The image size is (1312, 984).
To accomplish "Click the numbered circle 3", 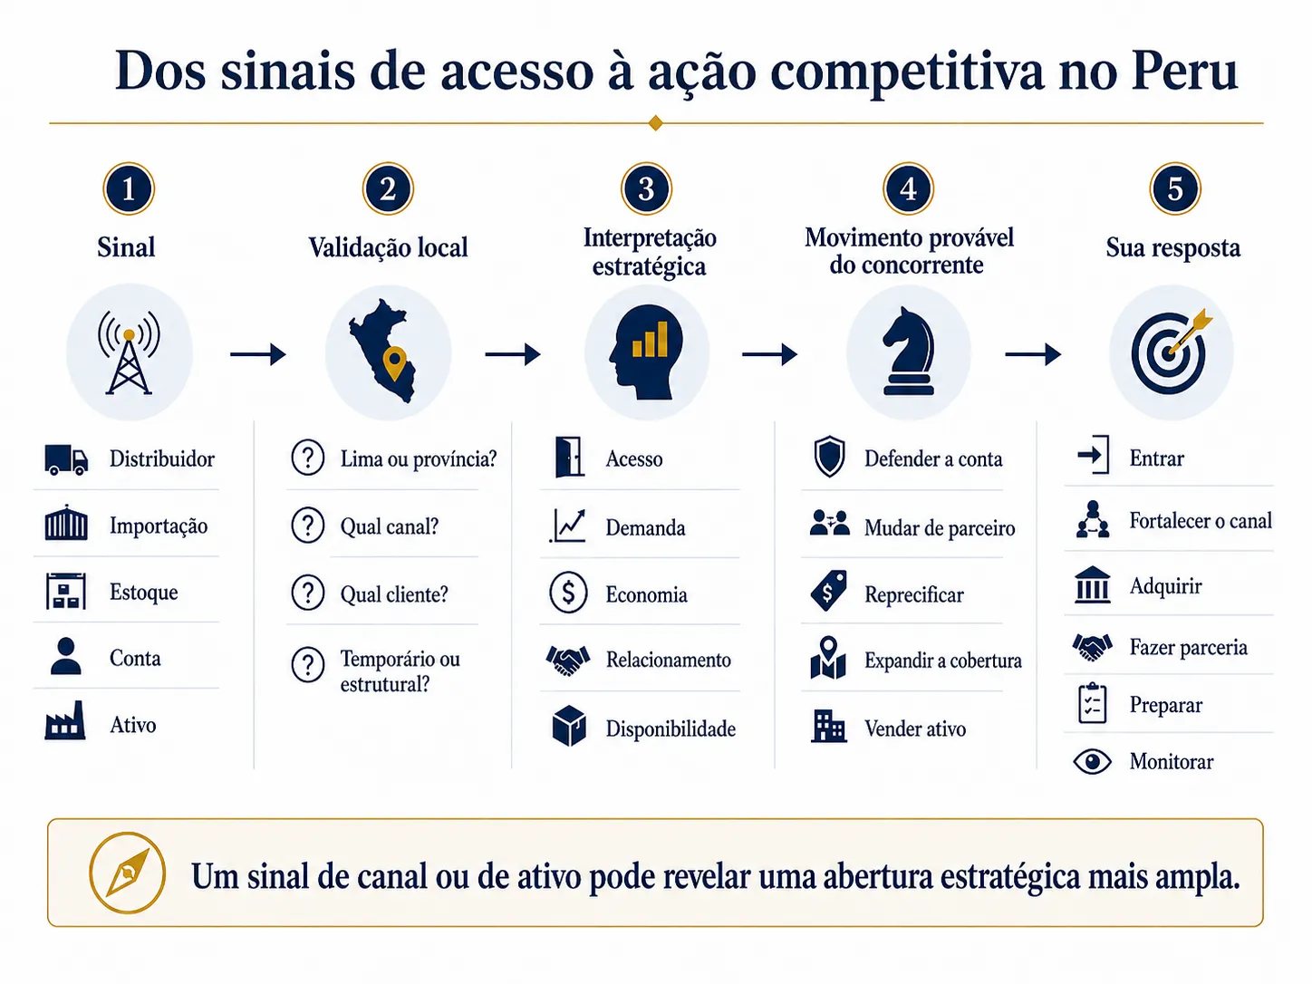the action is [646, 188].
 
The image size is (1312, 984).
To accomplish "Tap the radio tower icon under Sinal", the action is [129, 352].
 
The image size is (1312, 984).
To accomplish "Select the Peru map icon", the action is [383, 351].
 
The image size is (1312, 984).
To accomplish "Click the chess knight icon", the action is [909, 352].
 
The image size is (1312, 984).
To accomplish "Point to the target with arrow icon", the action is [1171, 352].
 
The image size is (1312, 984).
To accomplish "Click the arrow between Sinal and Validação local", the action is [258, 354].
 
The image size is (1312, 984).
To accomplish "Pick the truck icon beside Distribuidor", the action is [66, 459].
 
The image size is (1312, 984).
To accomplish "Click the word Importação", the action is [159, 526].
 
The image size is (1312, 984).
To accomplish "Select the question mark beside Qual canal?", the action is [308, 526].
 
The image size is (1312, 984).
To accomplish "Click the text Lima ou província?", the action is [419, 458].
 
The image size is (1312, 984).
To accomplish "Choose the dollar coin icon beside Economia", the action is [568, 593].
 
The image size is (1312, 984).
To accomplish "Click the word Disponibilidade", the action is [670, 728].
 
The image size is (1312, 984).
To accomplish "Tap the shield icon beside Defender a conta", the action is [829, 457].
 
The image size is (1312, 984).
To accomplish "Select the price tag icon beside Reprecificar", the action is [828, 590].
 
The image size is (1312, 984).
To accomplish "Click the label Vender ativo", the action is [915, 728].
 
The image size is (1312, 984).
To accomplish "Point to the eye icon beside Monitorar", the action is [1092, 762].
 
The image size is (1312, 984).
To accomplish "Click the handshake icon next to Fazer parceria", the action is [1092, 647].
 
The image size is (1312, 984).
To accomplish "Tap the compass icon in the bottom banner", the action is [128, 873].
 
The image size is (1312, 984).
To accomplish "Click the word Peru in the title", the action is [1184, 71].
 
